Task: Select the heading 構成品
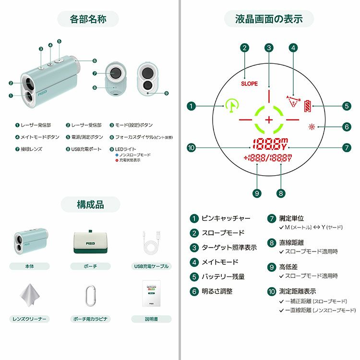coord(90,204)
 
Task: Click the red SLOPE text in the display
coord(249,84)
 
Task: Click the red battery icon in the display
coord(307,106)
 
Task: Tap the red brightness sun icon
coord(312,127)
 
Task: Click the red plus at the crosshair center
coord(269,119)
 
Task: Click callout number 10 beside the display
coord(192,148)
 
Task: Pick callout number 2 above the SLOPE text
coord(245,48)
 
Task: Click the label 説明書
coord(150,319)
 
